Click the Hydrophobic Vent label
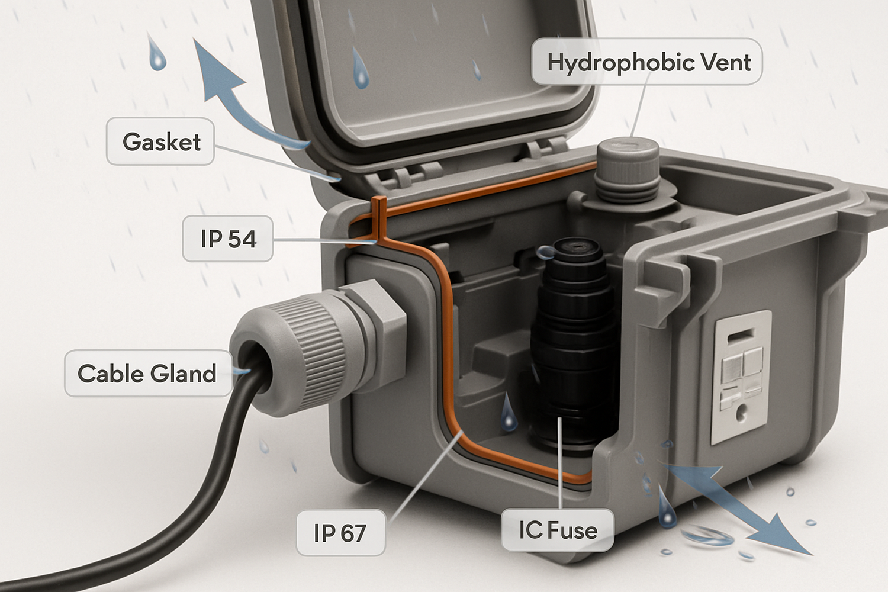(647, 62)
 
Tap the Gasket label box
(160, 142)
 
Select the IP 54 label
(228, 239)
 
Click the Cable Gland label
(147, 374)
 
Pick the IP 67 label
(340, 533)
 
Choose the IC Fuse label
(557, 530)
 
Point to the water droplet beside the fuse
(509, 413)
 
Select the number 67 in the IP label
(353, 533)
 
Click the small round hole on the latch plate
(741, 413)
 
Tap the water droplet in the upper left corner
(157, 54)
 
